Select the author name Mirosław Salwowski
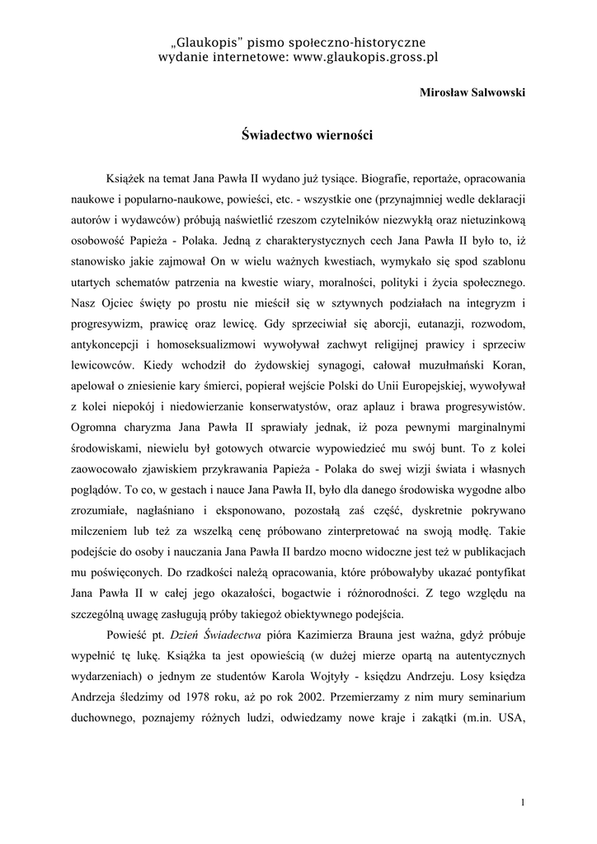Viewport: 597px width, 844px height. point(473,92)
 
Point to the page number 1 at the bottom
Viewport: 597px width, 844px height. point(524,801)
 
